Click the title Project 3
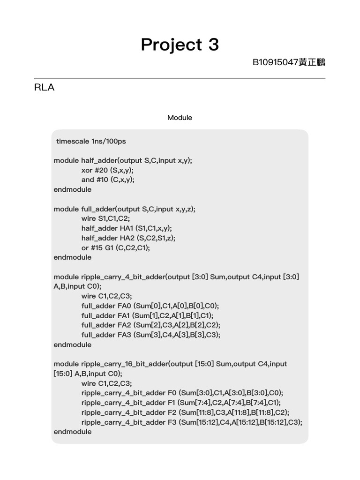(180, 45)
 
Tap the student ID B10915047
(275, 62)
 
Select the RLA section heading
(44, 88)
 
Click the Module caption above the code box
(180, 118)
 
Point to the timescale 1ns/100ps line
(91, 141)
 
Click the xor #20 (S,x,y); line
(107, 170)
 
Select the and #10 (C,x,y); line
(108, 180)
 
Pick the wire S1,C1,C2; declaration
(105, 218)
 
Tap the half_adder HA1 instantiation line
(127, 228)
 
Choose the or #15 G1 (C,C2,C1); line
(116, 247)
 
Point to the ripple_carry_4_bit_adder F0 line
(182, 393)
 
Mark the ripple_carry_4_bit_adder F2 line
(185, 412)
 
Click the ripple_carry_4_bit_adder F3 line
(192, 422)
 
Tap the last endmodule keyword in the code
(73, 432)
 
